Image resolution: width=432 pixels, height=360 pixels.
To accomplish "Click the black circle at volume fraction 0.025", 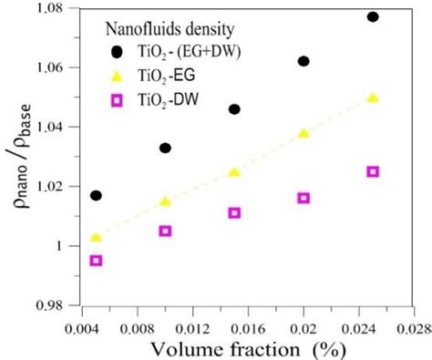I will coord(373,17).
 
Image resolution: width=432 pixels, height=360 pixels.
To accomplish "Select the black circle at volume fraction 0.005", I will coord(97,196).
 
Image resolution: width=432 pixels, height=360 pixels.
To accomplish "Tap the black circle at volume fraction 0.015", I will coord(234,109).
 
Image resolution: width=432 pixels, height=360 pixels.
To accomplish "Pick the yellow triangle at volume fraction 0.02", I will coord(303,134).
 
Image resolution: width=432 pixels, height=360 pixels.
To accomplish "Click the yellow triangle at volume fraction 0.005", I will coord(97,238).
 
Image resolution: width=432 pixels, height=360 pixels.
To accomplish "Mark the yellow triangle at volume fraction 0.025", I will coord(373,98).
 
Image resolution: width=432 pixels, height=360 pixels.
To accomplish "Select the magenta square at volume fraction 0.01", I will coord(165,231).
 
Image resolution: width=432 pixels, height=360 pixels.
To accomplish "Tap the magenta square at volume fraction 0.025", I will coord(373,171).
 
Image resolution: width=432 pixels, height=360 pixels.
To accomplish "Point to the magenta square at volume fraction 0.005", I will coord(97,261).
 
